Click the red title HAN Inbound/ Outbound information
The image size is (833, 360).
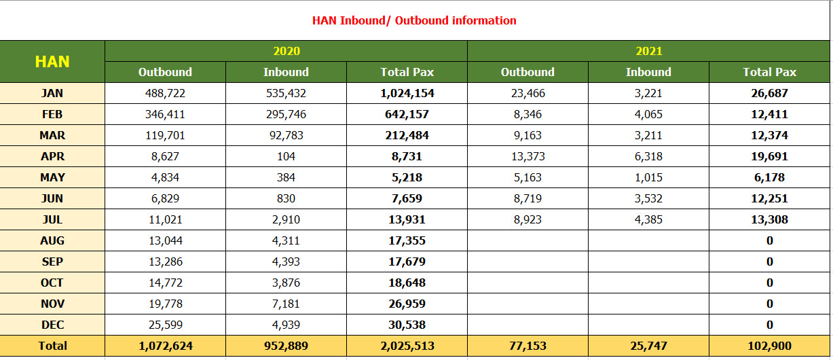414,20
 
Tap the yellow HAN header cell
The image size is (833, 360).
52,62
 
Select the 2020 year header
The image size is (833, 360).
286,51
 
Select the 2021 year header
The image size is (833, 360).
648,51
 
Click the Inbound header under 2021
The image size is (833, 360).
648,72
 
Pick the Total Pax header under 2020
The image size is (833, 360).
407,72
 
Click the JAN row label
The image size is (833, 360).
52,93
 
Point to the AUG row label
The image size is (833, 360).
52,240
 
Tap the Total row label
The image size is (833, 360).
52,346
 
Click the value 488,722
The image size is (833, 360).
165,93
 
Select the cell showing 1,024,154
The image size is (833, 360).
407,93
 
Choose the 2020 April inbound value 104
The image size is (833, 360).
286,156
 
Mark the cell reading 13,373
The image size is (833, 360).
527,156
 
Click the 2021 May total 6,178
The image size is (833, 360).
769,177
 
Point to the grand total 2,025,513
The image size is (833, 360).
407,346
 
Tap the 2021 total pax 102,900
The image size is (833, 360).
769,346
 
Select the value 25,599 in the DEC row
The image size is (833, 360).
165,325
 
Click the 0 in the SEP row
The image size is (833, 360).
769,262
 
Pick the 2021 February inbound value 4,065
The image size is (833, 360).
648,114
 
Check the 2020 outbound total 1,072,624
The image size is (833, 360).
165,346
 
